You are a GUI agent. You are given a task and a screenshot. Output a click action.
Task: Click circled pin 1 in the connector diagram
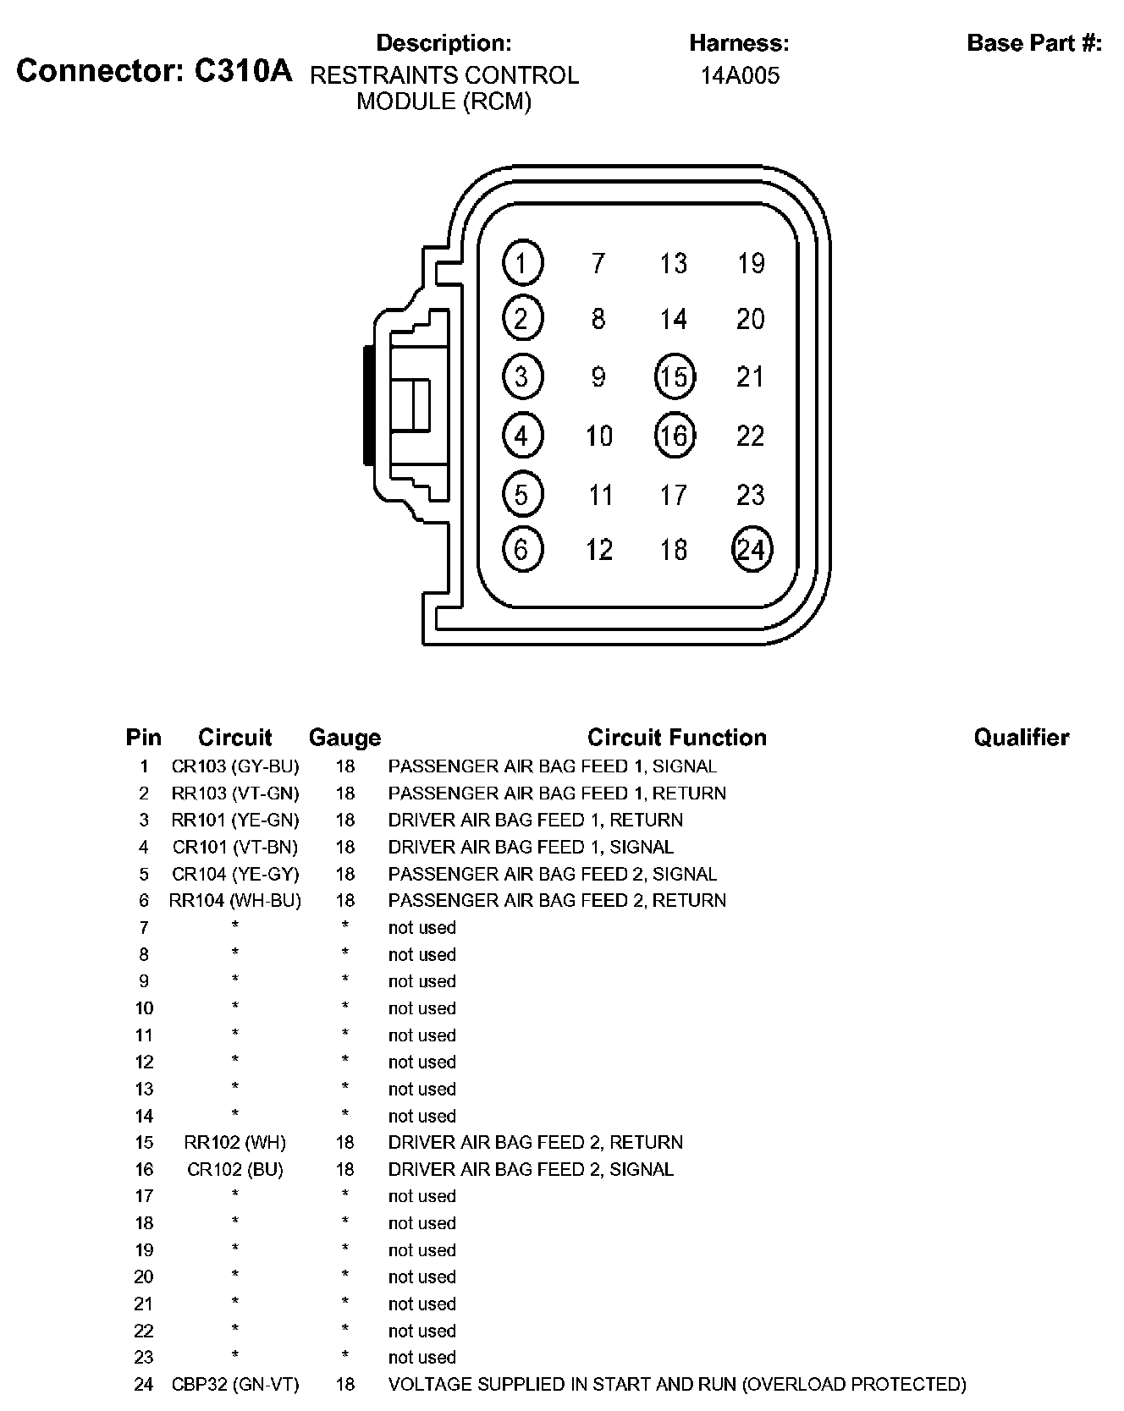[x=522, y=263]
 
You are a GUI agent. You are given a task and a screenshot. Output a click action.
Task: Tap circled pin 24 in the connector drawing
[x=752, y=550]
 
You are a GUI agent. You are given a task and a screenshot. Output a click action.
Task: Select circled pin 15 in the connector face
[x=675, y=376]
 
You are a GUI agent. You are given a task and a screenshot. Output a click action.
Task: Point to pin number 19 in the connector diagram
[x=751, y=263]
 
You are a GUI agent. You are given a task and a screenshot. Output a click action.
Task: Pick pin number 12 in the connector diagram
[x=599, y=550]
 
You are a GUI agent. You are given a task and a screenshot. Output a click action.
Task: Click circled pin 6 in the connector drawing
[x=522, y=550]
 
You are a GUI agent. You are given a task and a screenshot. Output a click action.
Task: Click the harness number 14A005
[x=740, y=75]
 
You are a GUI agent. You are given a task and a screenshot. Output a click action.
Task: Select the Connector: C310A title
[x=154, y=71]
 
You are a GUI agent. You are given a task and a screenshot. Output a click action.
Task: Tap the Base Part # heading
[x=1034, y=43]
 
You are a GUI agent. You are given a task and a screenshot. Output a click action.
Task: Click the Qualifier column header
[x=1021, y=738]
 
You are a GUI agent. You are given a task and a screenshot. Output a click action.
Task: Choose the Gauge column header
[x=344, y=738]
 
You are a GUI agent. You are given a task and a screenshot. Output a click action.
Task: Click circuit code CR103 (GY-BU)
[x=235, y=766]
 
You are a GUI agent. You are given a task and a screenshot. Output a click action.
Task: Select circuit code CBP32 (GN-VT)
[x=235, y=1384]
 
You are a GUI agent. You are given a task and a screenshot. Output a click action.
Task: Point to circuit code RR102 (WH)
[x=235, y=1142]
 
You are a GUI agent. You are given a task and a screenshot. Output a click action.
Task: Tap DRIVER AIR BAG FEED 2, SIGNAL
[x=531, y=1169]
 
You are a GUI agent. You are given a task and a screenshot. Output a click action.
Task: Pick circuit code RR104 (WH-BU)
[x=235, y=900]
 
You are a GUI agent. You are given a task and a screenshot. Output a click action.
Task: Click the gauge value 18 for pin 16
[x=344, y=1169]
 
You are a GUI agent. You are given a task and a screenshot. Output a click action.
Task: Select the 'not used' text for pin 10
[x=421, y=1007]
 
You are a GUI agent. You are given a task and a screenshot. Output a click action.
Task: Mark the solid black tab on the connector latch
[x=368, y=404]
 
